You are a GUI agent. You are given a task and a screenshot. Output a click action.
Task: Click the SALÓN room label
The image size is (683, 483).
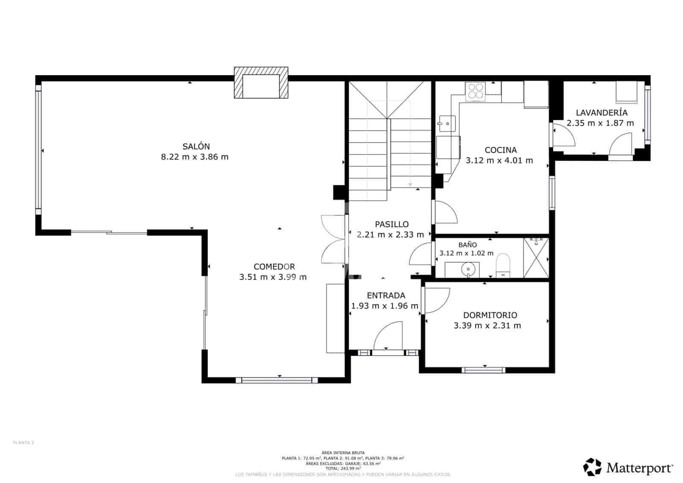coord(196,146)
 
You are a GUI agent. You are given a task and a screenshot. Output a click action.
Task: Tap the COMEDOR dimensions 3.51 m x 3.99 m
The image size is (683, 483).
coord(273,277)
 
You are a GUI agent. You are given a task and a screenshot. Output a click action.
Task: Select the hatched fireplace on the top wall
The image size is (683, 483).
coord(261,83)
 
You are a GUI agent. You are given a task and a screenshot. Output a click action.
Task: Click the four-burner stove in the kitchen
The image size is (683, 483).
coord(476,91)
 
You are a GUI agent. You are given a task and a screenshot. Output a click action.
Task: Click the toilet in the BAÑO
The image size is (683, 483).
coord(503,265)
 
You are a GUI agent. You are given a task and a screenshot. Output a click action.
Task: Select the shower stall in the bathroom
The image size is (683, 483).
coord(536,258)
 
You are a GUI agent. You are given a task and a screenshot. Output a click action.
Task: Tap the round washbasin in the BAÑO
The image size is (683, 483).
coord(469,269)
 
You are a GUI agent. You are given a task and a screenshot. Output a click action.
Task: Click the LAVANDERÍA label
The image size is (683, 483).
coord(601,113)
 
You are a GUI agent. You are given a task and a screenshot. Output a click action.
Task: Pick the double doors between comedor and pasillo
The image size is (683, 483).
coord(333,239)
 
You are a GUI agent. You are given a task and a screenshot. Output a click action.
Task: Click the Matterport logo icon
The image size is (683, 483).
coord(593,467)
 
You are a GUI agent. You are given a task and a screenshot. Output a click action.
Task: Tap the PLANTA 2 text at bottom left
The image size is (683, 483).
coord(23,443)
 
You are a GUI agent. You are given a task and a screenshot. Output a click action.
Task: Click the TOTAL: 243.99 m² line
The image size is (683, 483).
coord(343,468)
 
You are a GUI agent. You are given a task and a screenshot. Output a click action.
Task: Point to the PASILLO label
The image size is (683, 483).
coord(391,224)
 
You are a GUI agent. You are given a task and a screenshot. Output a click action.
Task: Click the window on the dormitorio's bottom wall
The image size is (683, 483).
coord(484,370)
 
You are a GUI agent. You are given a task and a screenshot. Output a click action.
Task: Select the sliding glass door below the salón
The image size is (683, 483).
coord(109,232)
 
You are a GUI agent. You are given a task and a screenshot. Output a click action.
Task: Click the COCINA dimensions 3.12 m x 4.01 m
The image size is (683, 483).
coord(499,161)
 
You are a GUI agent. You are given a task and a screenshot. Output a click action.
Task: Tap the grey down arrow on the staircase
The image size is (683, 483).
coord(410,184)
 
